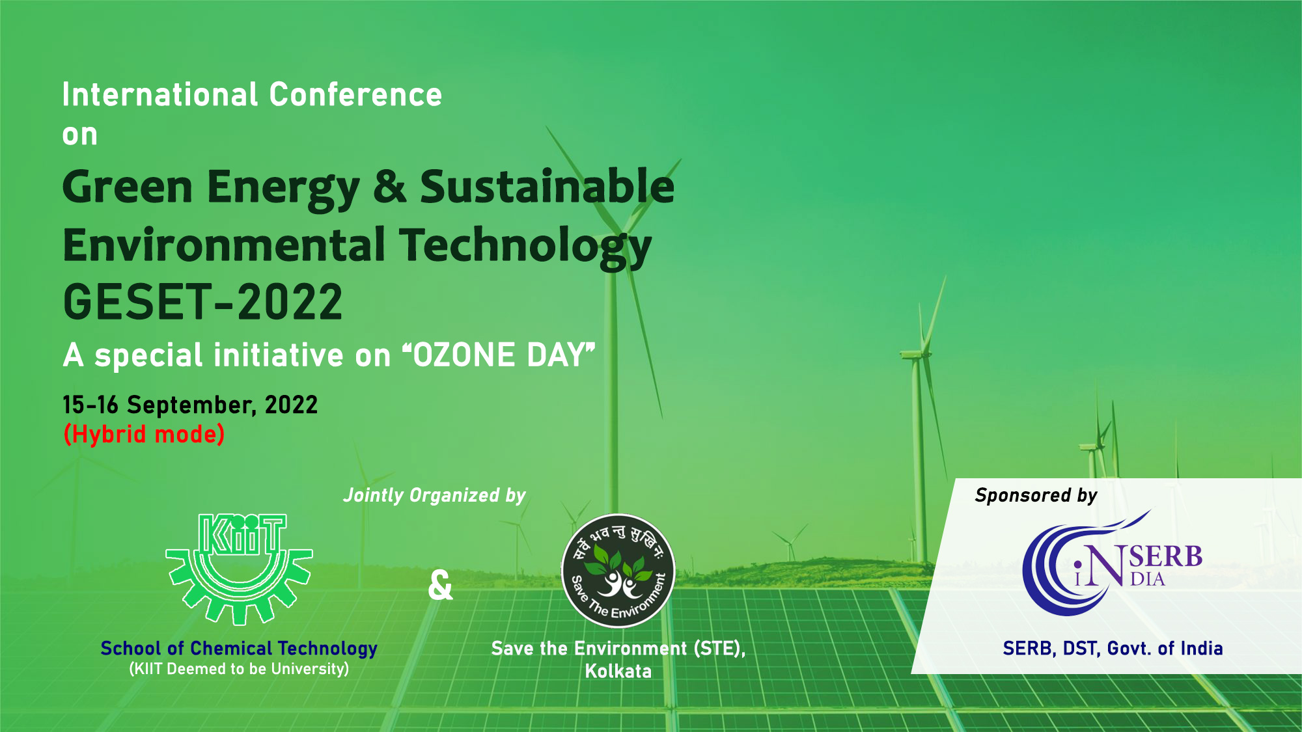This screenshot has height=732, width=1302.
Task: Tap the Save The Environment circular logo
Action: click(x=618, y=571)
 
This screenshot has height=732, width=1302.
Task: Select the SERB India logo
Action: click(x=1111, y=564)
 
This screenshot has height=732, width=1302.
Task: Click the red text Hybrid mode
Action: click(x=144, y=434)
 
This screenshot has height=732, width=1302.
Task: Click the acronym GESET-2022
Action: click(x=202, y=303)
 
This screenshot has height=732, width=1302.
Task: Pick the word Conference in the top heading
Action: click(x=355, y=95)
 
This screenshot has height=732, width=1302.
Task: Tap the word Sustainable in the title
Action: click(x=547, y=187)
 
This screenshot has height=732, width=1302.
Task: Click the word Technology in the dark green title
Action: click(x=525, y=246)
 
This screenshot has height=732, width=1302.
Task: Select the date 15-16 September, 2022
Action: click(x=190, y=405)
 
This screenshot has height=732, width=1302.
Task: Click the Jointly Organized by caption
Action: click(x=434, y=495)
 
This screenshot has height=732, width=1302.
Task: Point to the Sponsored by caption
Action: click(x=1036, y=495)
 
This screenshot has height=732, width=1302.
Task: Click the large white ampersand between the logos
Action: click(x=440, y=585)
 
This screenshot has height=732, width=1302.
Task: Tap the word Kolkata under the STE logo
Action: click(x=618, y=671)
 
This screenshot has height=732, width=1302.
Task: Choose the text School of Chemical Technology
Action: click(x=239, y=648)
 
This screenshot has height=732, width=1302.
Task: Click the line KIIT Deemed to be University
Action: click(x=239, y=669)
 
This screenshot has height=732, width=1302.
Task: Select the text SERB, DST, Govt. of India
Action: click(x=1113, y=648)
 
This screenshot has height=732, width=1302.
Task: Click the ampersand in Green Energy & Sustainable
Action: click(x=389, y=187)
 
